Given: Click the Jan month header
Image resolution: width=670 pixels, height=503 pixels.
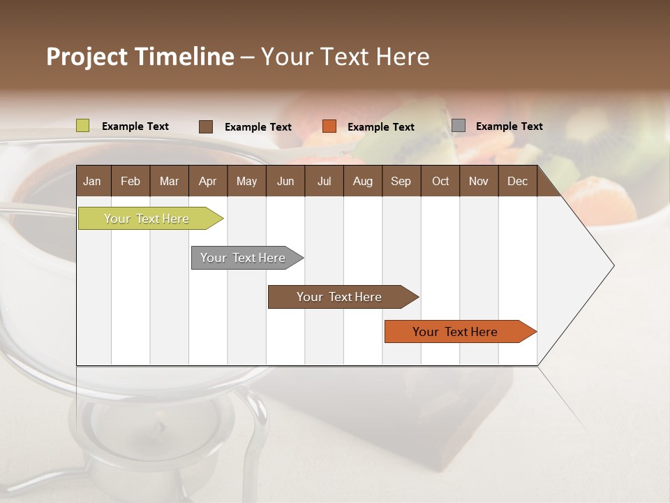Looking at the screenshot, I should pyautogui.click(x=93, y=181).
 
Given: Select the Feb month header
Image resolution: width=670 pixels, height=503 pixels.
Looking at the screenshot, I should pyautogui.click(x=131, y=181).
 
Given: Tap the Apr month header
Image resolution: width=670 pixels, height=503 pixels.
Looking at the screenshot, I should pyautogui.click(x=208, y=181).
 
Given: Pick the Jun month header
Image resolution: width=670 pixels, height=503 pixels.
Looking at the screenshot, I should pyautogui.click(x=285, y=181).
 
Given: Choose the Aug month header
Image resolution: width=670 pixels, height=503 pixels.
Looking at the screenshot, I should pyautogui.click(x=363, y=181).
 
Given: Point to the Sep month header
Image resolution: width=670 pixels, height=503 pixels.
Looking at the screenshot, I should pyautogui.click(x=401, y=181).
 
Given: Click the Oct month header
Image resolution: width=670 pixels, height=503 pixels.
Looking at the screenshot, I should pyautogui.click(x=440, y=181).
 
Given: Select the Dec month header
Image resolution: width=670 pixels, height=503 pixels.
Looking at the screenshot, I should pyautogui.click(x=518, y=181).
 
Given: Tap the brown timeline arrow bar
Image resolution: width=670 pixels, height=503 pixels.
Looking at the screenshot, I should pyautogui.click(x=340, y=297).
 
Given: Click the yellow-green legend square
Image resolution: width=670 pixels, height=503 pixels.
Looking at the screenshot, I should pyautogui.click(x=83, y=126).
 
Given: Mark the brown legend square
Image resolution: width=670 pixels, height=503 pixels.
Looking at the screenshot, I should pyautogui.click(x=206, y=126).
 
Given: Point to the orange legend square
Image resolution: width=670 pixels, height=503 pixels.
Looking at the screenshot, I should pyautogui.click(x=329, y=126).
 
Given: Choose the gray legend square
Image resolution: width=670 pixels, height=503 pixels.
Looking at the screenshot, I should pyautogui.click(x=459, y=126).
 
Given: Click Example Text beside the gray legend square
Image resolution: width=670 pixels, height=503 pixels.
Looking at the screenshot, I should pyautogui.click(x=509, y=126).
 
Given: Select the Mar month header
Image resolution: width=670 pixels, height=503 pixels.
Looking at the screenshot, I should pyautogui.click(x=170, y=181).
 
